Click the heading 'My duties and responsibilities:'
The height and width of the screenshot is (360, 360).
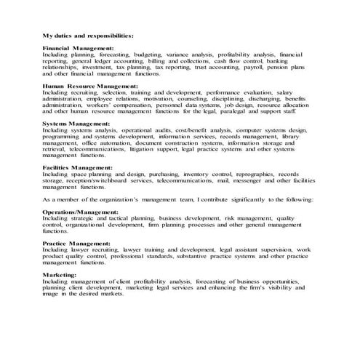[x=88, y=34]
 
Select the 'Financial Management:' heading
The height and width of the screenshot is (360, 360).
[x=78, y=48]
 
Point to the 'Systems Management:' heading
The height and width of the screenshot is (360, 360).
[x=76, y=124]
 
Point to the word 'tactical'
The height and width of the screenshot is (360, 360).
[x=116, y=217]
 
